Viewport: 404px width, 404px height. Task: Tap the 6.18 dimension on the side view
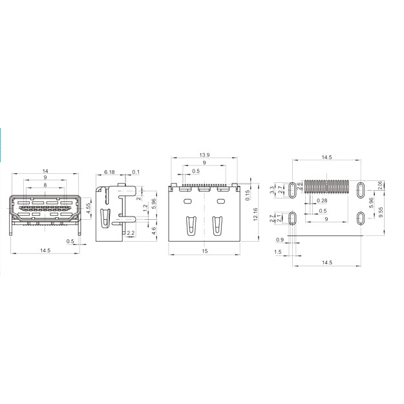[110, 172]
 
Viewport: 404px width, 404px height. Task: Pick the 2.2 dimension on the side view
[131, 232]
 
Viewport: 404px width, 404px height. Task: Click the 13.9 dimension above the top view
[204, 156]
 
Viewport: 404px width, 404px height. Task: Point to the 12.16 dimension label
[255, 215]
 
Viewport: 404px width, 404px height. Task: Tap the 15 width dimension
[204, 251]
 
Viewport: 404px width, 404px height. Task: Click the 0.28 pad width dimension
[322, 201]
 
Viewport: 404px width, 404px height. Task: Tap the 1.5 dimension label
[277, 251]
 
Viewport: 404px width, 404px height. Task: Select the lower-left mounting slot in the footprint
[292, 217]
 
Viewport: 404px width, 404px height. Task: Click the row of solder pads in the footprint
[326, 187]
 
